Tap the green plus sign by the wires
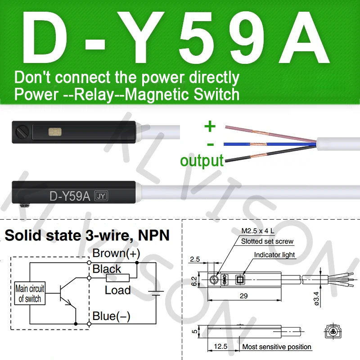click(210, 126)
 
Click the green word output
click(202, 161)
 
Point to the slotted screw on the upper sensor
click(23, 132)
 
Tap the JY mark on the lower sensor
click(100, 196)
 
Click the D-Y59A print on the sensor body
click(70, 196)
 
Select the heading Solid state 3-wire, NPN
click(87, 235)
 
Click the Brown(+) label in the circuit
click(116, 253)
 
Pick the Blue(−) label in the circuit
click(111, 316)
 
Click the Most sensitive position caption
click(277, 346)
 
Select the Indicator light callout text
click(274, 255)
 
